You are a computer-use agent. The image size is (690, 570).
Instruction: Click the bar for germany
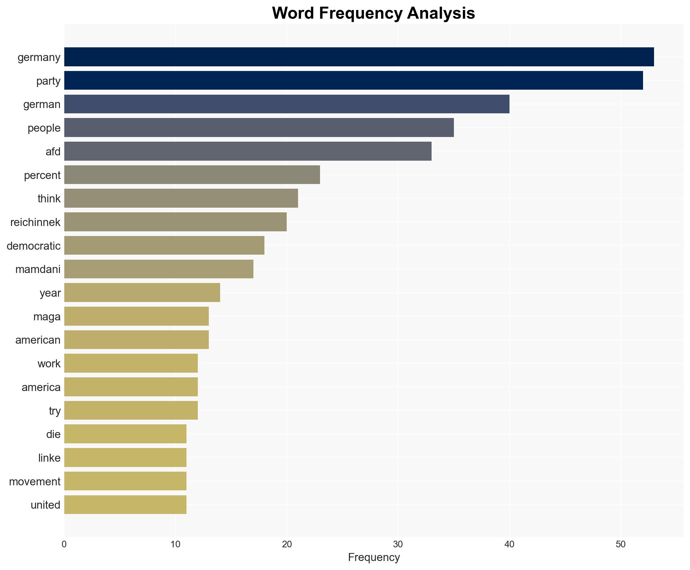(x=359, y=57)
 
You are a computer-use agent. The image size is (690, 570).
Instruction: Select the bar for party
(x=353, y=80)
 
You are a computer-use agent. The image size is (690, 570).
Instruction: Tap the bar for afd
(x=248, y=151)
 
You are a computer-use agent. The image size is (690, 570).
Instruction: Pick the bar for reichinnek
(x=175, y=222)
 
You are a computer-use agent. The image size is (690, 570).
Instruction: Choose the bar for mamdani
(x=159, y=269)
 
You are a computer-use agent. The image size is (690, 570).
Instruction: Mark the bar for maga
(x=137, y=316)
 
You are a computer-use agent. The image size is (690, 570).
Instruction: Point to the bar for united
(x=125, y=505)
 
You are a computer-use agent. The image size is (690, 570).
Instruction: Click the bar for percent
(x=192, y=175)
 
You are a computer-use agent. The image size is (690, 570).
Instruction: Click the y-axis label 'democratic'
(x=34, y=246)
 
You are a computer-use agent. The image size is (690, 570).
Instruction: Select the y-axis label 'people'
(x=44, y=128)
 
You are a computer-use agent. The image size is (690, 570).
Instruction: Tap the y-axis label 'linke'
(x=49, y=458)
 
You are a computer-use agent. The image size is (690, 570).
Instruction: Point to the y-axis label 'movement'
(x=35, y=482)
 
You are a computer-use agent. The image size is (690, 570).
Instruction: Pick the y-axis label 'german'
(x=42, y=104)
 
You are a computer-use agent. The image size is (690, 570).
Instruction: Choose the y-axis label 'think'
(x=49, y=199)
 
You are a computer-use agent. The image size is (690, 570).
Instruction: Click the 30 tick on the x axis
(x=398, y=544)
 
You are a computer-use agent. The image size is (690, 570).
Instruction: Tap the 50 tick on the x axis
(x=620, y=544)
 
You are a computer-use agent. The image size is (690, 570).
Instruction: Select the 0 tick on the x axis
(x=64, y=544)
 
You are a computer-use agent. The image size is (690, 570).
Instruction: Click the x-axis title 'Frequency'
(x=374, y=557)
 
